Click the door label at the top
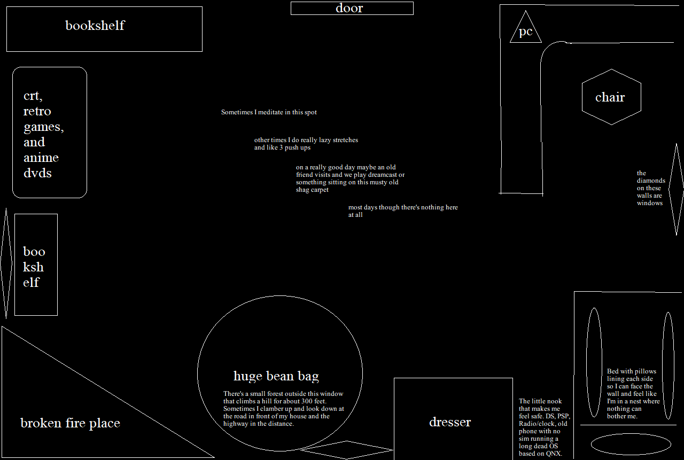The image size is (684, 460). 349,8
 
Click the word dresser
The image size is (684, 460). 450,422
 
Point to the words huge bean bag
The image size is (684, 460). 276,376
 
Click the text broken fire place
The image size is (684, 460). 70,423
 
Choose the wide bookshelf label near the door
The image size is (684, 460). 95,25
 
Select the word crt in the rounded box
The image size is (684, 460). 33,96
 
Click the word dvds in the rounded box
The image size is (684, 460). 37,173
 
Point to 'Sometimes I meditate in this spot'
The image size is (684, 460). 269,112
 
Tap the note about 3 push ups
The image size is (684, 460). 306,144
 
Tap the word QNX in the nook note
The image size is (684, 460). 554,454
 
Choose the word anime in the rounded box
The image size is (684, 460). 41,158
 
